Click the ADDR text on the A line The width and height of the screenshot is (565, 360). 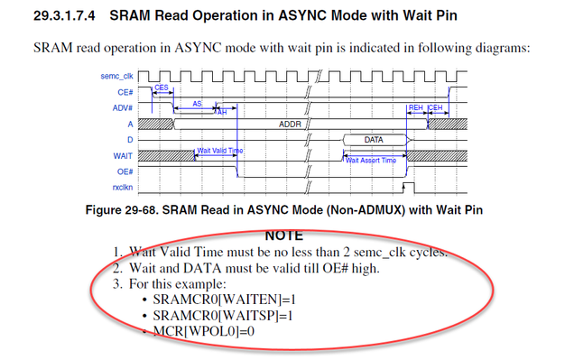[289, 124]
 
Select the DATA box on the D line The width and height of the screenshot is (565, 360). [374, 140]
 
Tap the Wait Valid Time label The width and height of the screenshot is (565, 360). [218, 151]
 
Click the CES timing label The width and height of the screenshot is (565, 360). [162, 88]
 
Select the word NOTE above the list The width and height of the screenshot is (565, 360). [285, 235]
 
